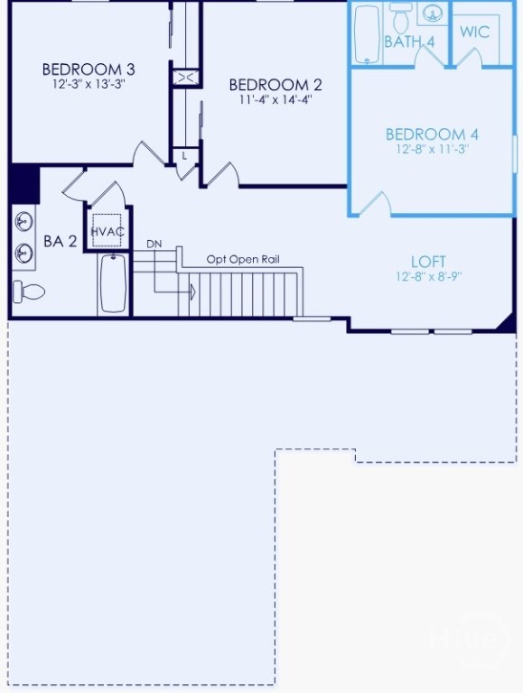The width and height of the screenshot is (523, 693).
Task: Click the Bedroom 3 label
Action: (x=89, y=69)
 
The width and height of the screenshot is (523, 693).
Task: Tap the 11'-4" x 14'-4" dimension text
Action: (x=276, y=99)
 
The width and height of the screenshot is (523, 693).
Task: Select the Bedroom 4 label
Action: (x=432, y=134)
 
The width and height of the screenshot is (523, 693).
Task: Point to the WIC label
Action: (x=475, y=32)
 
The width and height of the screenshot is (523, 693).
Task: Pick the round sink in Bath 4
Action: (x=433, y=14)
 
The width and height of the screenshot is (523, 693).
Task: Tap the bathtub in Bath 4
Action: (x=368, y=34)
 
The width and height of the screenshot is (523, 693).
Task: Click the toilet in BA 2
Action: (x=29, y=291)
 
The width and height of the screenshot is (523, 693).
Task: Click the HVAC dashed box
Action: (x=107, y=230)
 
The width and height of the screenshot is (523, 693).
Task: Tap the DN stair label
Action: (x=154, y=244)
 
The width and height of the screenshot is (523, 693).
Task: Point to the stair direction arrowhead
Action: (x=192, y=291)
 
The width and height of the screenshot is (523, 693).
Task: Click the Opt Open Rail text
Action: (x=243, y=260)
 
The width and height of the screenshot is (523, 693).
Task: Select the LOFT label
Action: (x=428, y=262)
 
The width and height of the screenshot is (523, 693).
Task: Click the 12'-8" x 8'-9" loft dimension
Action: (x=429, y=277)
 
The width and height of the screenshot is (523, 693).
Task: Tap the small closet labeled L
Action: (x=185, y=155)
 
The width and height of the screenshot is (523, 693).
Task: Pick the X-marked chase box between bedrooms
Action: (x=185, y=78)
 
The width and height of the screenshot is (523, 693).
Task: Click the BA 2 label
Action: (x=61, y=241)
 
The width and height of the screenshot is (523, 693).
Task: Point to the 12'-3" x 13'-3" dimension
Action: (x=89, y=84)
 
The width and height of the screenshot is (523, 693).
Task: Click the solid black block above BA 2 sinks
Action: (x=24, y=183)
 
